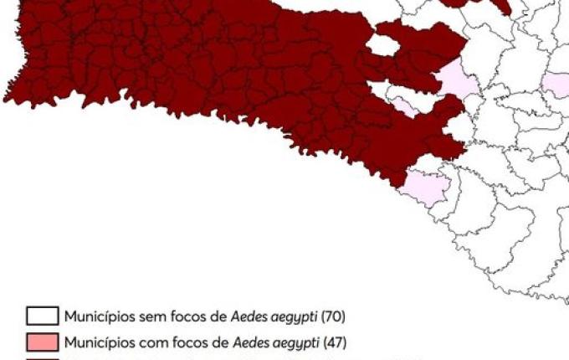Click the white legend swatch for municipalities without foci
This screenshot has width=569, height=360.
(42, 316)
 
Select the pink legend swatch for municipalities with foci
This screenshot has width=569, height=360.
(42, 342)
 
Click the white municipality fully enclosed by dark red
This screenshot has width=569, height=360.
(382, 45)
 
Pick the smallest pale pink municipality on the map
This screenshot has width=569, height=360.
(404, 105)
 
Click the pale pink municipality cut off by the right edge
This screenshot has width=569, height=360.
(556, 85)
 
